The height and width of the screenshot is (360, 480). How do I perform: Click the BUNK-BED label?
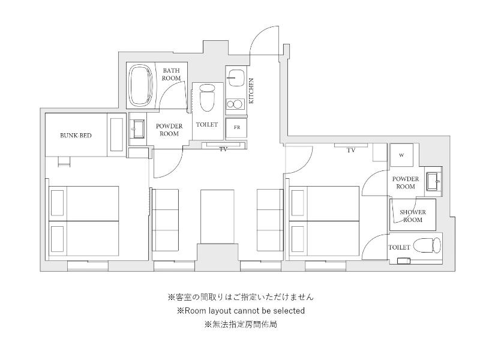click(76, 136)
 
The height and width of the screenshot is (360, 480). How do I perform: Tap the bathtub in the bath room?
click(140, 85)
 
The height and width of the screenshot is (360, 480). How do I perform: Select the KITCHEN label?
click(251, 91)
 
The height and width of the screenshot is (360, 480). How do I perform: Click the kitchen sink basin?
click(236, 78)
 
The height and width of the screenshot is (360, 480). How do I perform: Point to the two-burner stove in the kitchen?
click(235, 104)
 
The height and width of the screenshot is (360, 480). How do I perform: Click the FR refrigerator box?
click(236, 128)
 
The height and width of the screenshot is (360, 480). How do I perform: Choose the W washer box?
click(401, 155)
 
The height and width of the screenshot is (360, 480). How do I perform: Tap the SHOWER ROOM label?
click(413, 216)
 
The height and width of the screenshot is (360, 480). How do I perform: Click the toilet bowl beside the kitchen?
click(207, 98)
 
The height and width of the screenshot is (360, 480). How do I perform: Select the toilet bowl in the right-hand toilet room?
click(427, 245)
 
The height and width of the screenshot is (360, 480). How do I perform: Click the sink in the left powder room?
click(138, 129)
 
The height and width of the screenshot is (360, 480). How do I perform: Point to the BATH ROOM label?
click(171, 74)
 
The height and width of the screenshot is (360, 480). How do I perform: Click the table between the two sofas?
click(217, 217)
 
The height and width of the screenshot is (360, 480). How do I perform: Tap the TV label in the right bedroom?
click(351, 151)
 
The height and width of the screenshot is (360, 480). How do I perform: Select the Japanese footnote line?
click(241, 296)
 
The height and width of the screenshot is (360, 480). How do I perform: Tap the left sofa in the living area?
click(166, 220)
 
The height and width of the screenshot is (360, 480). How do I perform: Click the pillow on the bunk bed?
click(116, 134)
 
